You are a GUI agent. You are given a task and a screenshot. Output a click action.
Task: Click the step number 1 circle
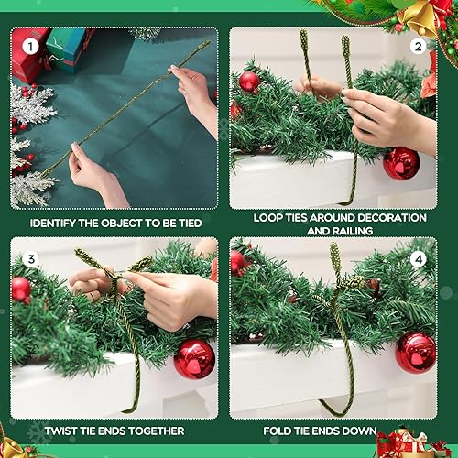(x=30, y=45)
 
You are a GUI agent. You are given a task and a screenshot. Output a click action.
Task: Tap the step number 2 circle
(x=419, y=46)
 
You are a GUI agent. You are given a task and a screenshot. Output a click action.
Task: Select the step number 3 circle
(x=30, y=259)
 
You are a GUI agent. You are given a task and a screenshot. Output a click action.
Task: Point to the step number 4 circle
(x=419, y=259)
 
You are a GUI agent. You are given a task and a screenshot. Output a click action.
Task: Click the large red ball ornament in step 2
(x=401, y=163)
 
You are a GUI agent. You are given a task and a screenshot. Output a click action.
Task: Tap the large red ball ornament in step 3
(x=194, y=358)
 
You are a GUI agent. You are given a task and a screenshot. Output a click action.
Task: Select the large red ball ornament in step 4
(x=416, y=353)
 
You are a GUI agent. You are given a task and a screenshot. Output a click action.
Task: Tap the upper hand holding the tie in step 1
(x=195, y=92)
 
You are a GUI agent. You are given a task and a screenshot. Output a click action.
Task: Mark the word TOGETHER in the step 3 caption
(x=153, y=431)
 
